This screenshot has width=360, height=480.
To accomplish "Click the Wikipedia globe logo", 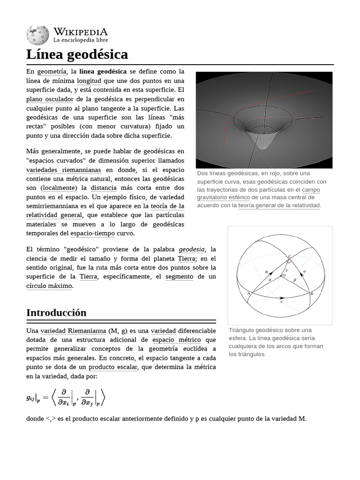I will [37, 35].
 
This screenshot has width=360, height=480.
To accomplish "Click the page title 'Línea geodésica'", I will [77, 54].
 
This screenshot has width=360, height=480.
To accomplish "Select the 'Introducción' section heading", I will [56, 313].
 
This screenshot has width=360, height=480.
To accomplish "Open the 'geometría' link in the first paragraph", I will [52, 72].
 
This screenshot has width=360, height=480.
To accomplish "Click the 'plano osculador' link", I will [50, 99].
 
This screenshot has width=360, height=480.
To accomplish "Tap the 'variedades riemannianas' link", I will [63, 170].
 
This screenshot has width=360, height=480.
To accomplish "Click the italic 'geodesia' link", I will [192, 249].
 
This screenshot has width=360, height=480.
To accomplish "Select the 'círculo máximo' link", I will [49, 286].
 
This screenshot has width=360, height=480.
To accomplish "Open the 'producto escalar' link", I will [112, 367].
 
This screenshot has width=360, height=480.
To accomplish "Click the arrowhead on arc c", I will [282, 298].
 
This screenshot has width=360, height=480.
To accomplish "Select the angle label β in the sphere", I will [294, 279].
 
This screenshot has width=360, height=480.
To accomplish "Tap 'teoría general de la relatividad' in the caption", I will [279, 206].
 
